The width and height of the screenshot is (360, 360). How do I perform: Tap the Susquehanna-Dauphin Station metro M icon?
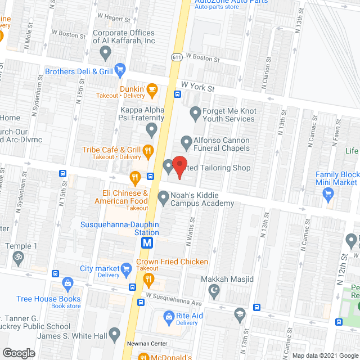(147, 243)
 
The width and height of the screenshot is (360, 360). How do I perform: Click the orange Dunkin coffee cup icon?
(151, 89)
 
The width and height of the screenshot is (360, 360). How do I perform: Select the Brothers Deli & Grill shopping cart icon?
(119, 71)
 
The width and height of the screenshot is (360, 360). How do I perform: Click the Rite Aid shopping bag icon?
(168, 317)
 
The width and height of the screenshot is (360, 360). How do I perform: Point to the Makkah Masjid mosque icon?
(213, 290)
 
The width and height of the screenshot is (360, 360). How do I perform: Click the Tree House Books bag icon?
(68, 282)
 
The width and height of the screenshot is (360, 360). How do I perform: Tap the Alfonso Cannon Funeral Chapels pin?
(186, 141)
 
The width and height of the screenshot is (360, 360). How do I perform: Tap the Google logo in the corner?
(19, 353)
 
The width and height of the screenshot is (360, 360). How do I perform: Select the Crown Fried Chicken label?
(172, 262)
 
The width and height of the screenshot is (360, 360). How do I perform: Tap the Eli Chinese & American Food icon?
(135, 179)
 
